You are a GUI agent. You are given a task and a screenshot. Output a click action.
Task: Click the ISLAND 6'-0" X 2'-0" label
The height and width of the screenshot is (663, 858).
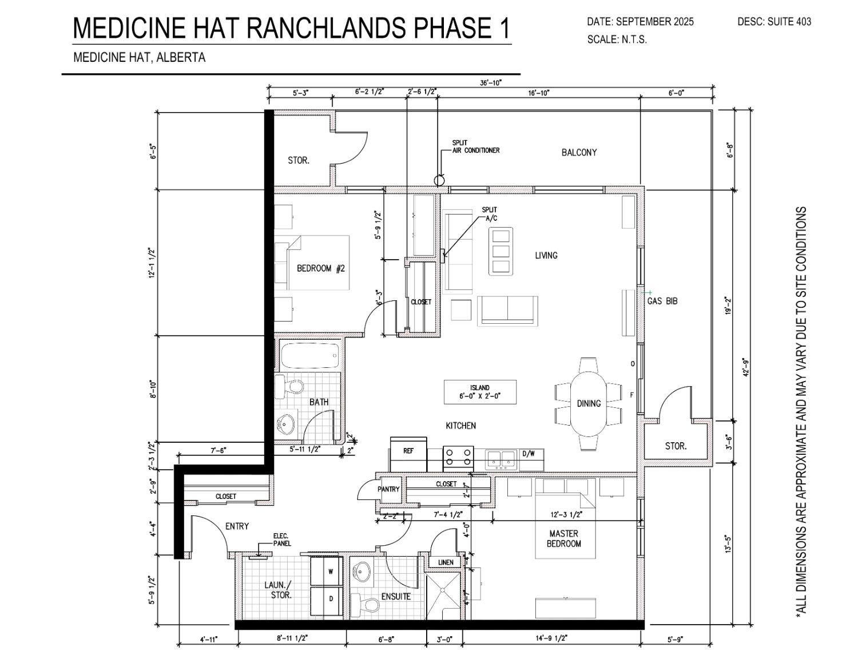pyautogui.click(x=480, y=392)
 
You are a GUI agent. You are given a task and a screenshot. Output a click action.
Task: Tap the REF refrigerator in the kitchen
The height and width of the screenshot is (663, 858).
pyautogui.click(x=408, y=454)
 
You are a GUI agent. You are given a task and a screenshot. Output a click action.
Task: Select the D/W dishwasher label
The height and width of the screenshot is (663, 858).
pyautogui.click(x=529, y=454)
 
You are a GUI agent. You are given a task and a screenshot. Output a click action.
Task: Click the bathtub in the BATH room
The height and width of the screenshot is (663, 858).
pyautogui.click(x=310, y=355)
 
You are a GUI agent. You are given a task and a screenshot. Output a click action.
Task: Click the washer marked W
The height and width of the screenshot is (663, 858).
pyautogui.click(x=325, y=571)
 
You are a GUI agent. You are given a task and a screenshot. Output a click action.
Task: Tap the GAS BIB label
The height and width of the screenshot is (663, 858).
pyautogui.click(x=662, y=301)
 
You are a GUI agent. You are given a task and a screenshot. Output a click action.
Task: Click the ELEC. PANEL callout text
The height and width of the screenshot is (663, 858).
pyautogui.click(x=282, y=539)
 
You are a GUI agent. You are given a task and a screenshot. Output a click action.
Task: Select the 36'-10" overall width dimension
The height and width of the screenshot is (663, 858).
pyautogui.click(x=491, y=83)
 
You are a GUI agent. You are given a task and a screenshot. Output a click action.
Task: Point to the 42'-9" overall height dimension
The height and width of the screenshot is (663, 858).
pyautogui.click(x=746, y=367)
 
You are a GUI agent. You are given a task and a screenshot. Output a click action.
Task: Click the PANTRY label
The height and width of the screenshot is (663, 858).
pyautogui.click(x=388, y=489)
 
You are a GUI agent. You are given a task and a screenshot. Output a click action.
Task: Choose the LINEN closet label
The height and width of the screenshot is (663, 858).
pyautogui.click(x=446, y=562)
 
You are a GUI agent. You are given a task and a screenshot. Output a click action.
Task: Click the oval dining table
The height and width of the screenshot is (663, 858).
pyautogui.click(x=589, y=403)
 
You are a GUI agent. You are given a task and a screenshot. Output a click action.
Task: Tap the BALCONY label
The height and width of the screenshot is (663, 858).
pyautogui.click(x=579, y=152)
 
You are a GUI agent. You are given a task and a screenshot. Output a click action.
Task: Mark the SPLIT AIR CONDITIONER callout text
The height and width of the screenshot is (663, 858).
pyautogui.click(x=476, y=146)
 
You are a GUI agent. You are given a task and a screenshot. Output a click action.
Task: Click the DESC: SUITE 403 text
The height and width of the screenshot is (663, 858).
pyautogui.click(x=774, y=22)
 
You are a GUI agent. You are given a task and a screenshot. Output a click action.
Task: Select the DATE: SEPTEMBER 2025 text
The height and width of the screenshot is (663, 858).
pyautogui.click(x=640, y=22)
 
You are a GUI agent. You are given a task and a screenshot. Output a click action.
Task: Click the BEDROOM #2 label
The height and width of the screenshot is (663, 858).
pyautogui.click(x=321, y=268)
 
